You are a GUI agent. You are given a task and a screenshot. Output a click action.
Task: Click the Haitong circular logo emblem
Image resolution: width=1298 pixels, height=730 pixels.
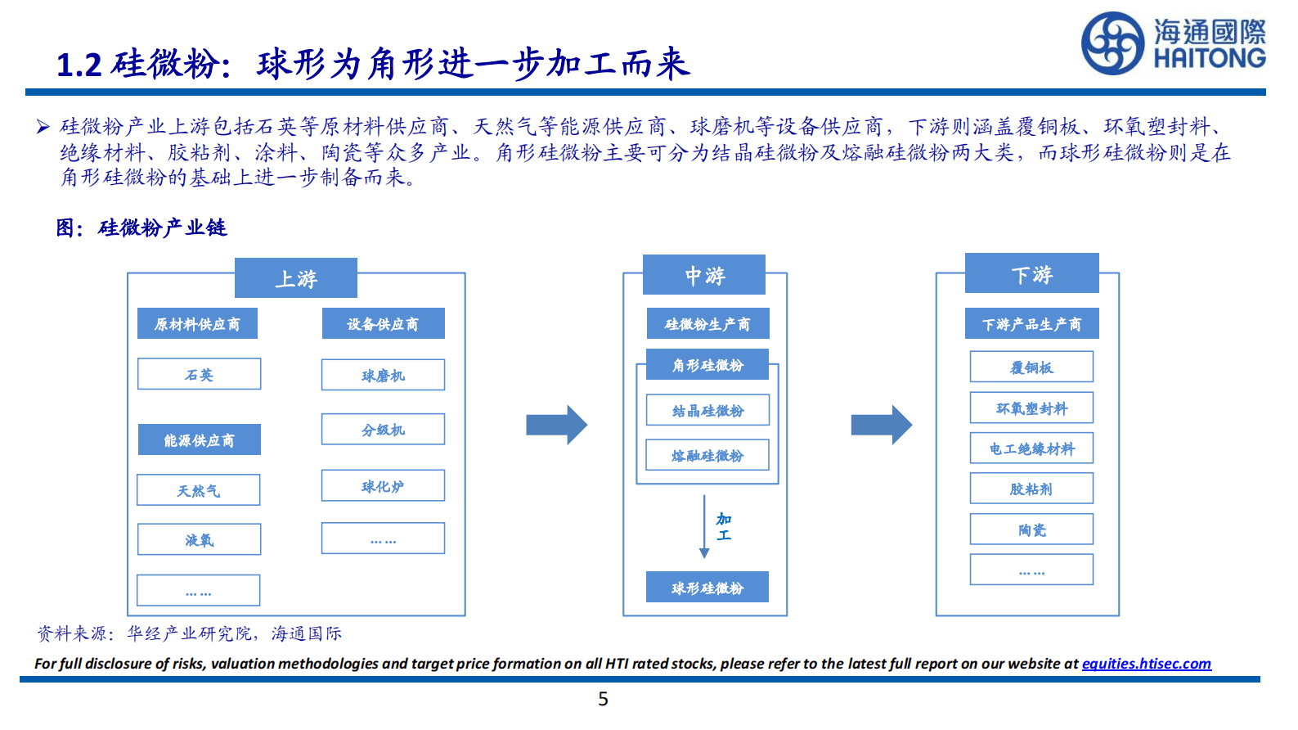coord(1112,43)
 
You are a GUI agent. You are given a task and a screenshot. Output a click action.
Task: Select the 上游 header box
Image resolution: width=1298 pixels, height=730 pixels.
coord(296,278)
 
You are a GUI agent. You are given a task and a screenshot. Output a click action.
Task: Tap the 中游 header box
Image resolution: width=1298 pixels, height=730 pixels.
coord(704,275)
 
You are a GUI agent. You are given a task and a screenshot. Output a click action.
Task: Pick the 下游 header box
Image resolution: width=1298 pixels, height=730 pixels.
coord(1031,273)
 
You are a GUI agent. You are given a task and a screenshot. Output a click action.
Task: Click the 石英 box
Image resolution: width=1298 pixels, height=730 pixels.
coord(199,374)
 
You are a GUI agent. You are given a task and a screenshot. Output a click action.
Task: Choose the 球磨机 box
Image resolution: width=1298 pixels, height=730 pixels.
coord(383,375)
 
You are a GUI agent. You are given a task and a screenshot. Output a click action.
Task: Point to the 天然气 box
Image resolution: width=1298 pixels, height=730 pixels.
coord(199,490)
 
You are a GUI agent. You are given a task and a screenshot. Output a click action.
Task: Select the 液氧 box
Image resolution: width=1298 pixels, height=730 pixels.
coord(199,539)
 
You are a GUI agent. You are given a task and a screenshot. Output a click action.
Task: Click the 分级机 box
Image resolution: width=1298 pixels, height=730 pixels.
coord(383,429)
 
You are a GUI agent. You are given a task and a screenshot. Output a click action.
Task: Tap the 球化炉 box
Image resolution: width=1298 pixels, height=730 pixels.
coord(383,485)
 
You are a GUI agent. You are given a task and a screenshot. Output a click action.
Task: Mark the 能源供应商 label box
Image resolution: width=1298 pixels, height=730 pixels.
coord(199,439)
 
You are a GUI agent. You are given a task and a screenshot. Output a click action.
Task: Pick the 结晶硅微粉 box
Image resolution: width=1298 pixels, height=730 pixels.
coord(707,410)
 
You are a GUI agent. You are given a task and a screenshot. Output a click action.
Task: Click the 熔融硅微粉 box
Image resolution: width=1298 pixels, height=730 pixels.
coord(707,455)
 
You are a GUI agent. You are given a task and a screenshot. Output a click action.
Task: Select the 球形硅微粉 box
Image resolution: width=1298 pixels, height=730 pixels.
coord(707,587)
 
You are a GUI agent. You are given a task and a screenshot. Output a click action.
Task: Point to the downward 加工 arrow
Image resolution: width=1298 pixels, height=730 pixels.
coord(704,526)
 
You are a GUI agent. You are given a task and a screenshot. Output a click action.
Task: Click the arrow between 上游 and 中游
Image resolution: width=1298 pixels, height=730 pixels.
coord(556,425)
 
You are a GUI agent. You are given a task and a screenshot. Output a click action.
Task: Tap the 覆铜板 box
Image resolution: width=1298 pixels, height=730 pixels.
coord(1031,367)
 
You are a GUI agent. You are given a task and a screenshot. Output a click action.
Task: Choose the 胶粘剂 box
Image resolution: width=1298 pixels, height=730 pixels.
coord(1031,489)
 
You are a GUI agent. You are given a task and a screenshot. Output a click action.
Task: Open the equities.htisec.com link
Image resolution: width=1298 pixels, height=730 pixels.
coord(1146,664)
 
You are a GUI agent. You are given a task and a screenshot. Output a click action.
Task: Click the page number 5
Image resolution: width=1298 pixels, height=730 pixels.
coord(603,699)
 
